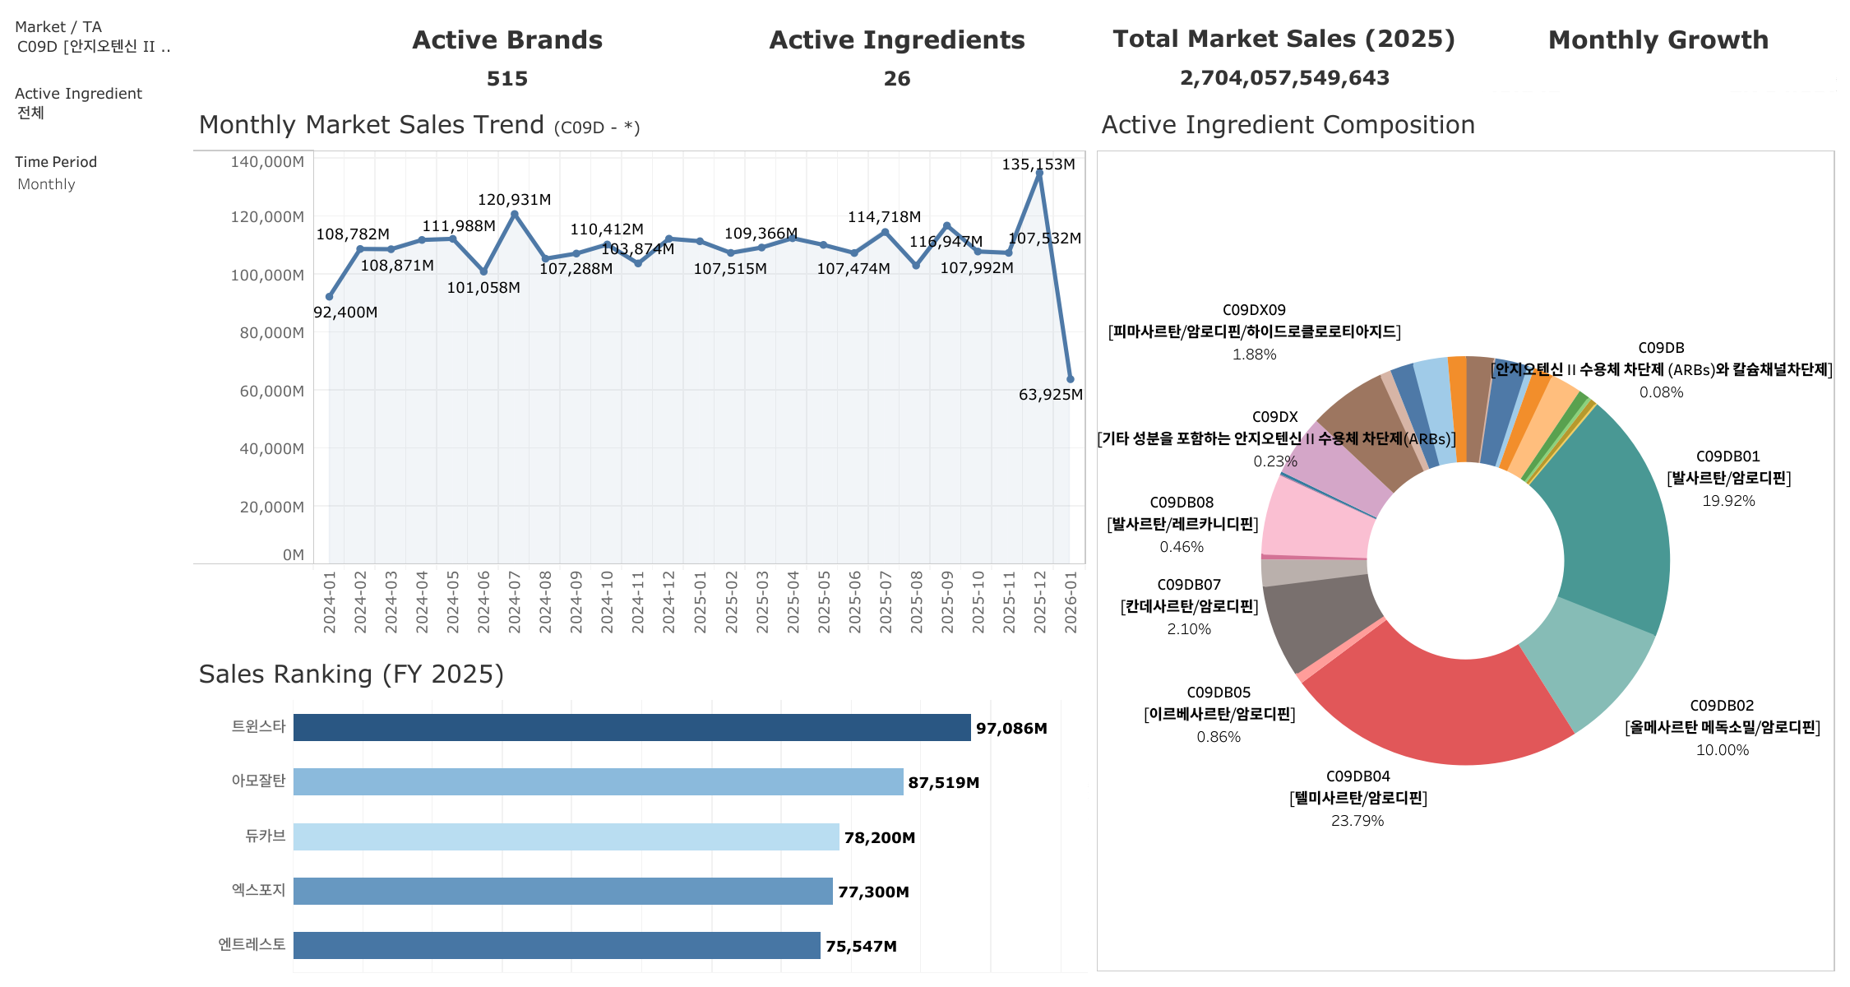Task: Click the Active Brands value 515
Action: click(506, 79)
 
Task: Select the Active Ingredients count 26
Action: click(896, 79)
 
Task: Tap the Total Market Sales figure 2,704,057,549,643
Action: click(1283, 78)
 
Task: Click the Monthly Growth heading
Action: click(1658, 40)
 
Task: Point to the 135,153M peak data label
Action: click(1038, 164)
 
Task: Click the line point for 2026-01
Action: click(1070, 379)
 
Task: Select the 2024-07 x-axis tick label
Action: click(515, 602)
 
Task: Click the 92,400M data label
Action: click(345, 313)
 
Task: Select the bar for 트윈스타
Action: click(631, 728)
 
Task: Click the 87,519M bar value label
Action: click(943, 783)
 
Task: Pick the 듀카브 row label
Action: click(265, 836)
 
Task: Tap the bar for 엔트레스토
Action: click(557, 946)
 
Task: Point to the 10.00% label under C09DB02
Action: click(1722, 750)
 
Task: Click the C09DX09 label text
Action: click(1253, 310)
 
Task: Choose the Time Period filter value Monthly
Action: click(46, 184)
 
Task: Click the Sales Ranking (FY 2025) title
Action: click(351, 674)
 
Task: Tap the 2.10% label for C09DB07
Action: click(1188, 629)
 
